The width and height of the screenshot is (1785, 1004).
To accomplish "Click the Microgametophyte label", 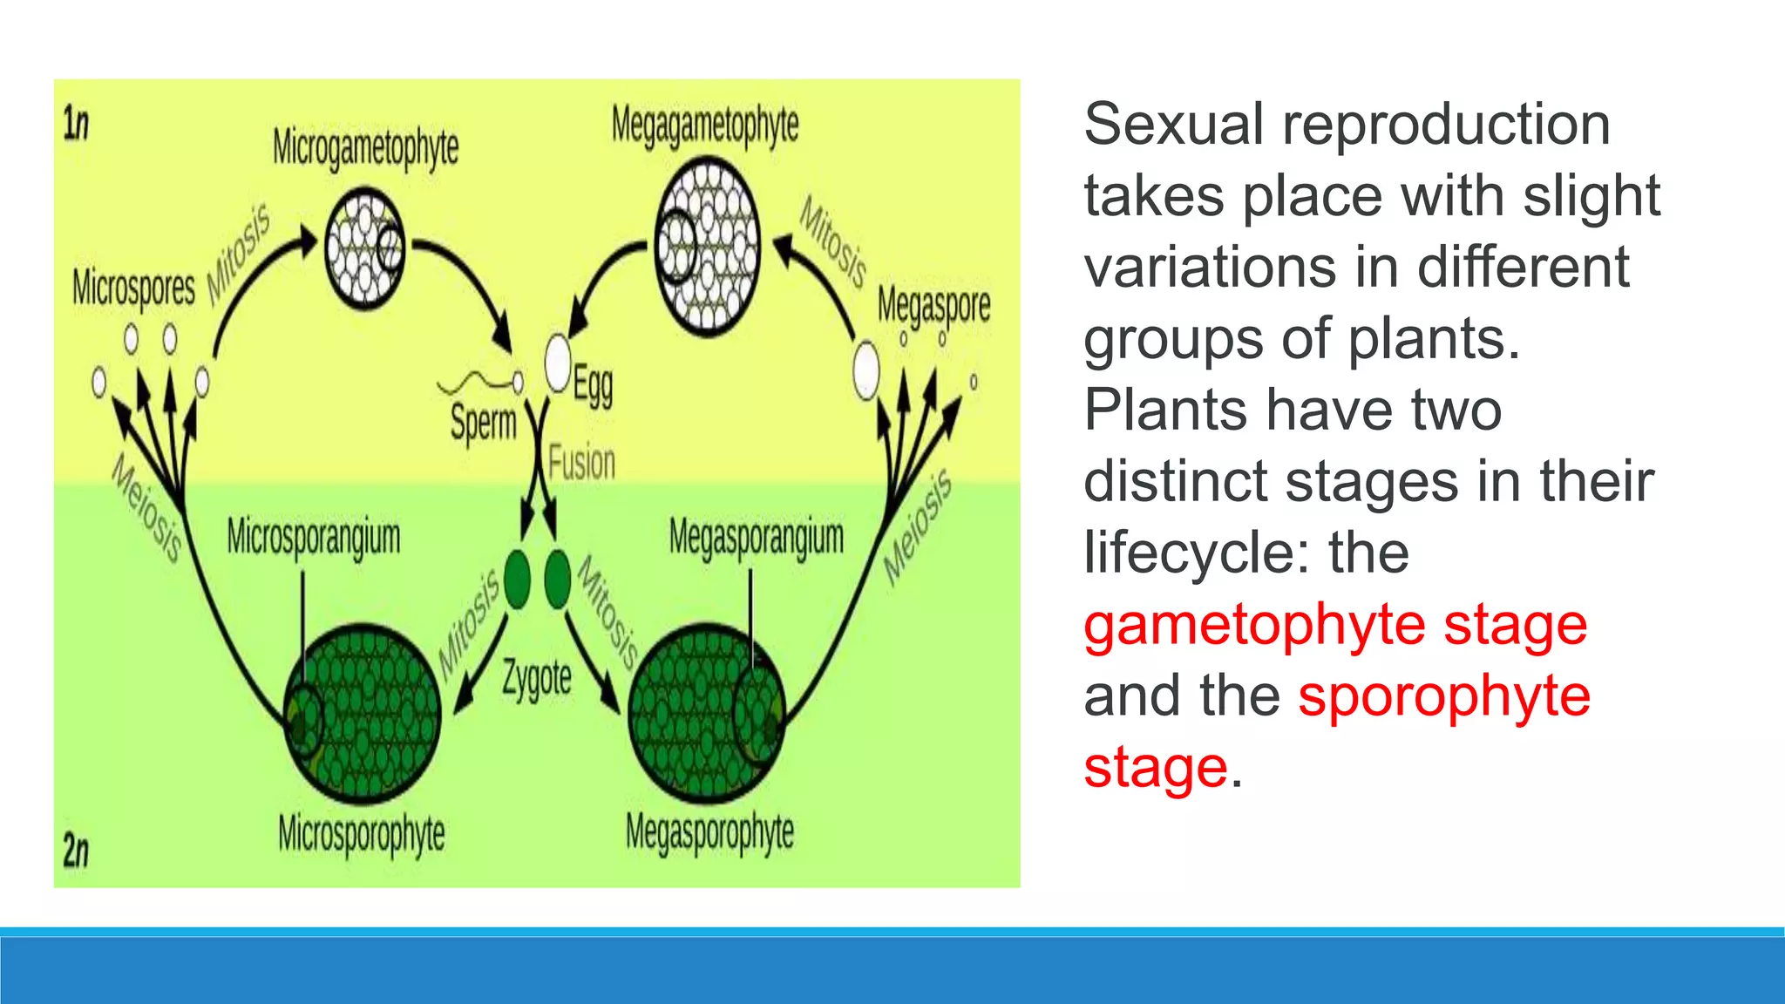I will [x=365, y=147].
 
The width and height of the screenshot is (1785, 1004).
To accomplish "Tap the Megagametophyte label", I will [x=704, y=125].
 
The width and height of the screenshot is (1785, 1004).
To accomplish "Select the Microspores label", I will [x=133, y=288].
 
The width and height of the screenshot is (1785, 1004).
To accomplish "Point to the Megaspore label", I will [x=933, y=305].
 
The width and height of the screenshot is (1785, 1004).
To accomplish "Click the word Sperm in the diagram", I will [x=483, y=424].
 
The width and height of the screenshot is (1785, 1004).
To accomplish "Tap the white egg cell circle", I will [x=558, y=363].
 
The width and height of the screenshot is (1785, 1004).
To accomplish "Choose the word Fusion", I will [x=581, y=462].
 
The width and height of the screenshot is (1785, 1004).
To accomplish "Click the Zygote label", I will [x=537, y=679].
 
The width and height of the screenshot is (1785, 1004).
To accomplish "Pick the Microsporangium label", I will [x=314, y=537].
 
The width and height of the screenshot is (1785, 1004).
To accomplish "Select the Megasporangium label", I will [x=757, y=537].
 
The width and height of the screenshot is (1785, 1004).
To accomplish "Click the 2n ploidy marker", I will [x=76, y=850].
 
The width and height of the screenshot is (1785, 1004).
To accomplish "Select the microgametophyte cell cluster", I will [x=364, y=248].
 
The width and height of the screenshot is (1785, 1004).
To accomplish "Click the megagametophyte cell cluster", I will [x=708, y=247].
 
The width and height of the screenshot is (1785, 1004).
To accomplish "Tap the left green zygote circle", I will [x=517, y=577].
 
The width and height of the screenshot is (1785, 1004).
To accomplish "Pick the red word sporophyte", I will [x=1444, y=697].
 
